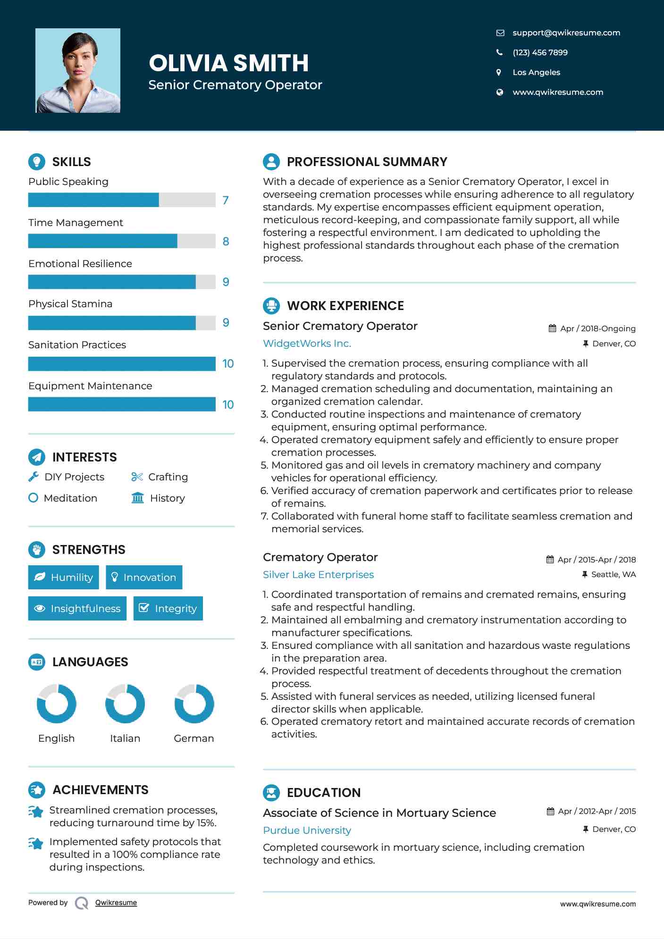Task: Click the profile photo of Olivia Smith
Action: coord(78,70)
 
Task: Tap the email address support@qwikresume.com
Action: coord(566,33)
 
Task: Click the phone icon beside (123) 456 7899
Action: coord(499,52)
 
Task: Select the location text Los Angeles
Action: coord(536,72)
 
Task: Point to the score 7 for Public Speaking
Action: coord(226,200)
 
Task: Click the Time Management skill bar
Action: coord(122,241)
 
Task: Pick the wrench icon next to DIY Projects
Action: coord(34,477)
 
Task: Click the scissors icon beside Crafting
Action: coord(137,477)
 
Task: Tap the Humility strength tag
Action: coord(64,577)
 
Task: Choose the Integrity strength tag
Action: coord(168,608)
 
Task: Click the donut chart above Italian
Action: coord(125,704)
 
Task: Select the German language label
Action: coord(193,738)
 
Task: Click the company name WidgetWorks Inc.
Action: coord(307,344)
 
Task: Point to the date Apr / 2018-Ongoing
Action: coord(597,328)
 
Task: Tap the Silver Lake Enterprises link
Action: coord(318,574)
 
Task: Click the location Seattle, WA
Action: coord(613,574)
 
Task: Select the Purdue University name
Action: coord(307,830)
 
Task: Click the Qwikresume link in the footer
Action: coord(116,903)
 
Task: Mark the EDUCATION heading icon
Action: coord(271,792)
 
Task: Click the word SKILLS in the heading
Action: coord(71,162)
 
